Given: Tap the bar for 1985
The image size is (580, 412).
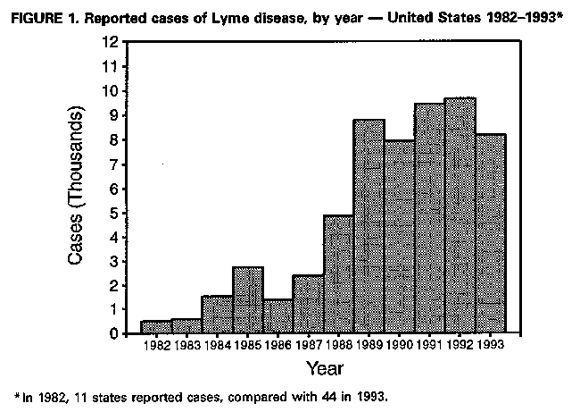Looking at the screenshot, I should [x=247, y=300].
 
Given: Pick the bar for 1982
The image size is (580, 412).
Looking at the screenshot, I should [x=156, y=327].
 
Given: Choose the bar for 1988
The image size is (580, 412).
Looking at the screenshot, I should [x=338, y=274].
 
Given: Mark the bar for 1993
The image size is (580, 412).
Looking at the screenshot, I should [x=490, y=234].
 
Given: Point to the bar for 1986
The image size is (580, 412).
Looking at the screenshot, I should [x=278, y=317].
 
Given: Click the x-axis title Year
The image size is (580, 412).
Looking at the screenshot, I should [x=324, y=367].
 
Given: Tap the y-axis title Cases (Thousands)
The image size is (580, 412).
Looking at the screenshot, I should [x=78, y=188].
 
